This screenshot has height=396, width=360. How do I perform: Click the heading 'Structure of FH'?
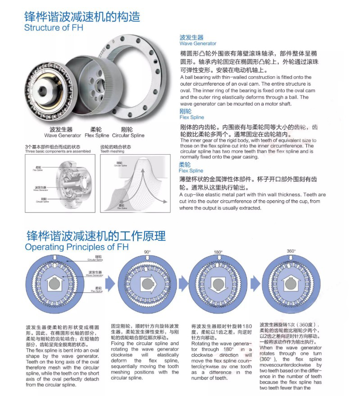pos(54,27)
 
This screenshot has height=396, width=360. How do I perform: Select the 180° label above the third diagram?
pos(219,252)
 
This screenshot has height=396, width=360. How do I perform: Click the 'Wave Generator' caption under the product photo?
pos(63,135)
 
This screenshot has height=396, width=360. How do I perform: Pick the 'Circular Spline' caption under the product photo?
pos(128,135)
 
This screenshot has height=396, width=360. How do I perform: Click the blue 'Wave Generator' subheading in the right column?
pos(198,44)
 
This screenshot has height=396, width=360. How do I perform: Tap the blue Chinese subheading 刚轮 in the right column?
pos(186,111)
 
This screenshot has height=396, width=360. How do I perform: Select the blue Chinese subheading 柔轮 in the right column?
pos(185,165)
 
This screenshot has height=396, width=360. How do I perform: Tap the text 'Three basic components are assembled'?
pos(58,152)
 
